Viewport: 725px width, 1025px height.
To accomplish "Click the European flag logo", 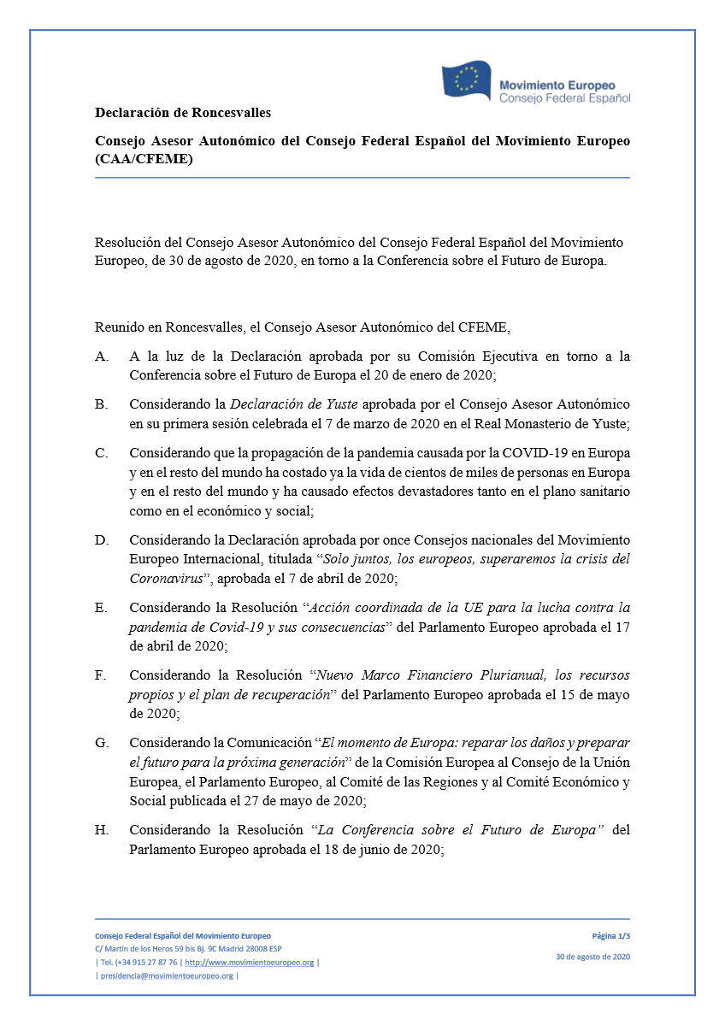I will [466, 80].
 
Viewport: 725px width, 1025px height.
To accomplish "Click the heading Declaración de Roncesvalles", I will [183, 113].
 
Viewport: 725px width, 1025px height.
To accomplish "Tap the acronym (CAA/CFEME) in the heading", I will [144, 159].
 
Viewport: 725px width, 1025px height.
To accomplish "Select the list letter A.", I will [101, 356].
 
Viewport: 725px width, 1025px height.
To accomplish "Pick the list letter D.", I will [101, 540].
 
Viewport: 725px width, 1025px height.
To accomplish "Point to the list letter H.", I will [101, 830].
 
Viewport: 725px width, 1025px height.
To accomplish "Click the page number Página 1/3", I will [610, 936].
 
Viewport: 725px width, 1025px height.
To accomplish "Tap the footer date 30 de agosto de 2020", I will [592, 957].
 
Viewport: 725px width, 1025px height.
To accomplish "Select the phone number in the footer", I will [138, 963].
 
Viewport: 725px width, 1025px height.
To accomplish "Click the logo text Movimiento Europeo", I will [557, 85].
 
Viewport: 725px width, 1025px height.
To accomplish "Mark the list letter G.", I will [101, 743].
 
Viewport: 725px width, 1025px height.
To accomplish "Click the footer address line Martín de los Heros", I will [188, 949].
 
